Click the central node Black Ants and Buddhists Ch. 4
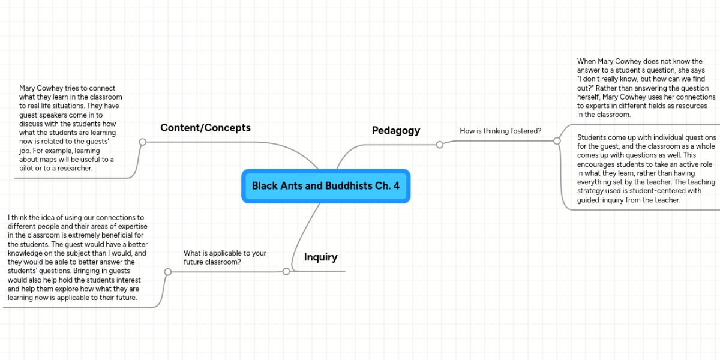tap(326, 185)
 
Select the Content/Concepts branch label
tap(205, 128)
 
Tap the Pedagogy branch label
tap(396, 130)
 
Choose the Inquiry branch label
tap(320, 257)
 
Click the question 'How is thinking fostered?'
tap(500, 130)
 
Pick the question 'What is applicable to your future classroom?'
tap(224, 257)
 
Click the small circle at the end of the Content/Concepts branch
tap(143, 142)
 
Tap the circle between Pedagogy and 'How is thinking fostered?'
tap(440, 145)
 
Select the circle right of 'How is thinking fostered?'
tap(557, 141)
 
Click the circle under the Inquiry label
tap(286, 272)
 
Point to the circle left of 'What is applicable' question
tap(168, 272)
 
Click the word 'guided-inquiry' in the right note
tap(601, 200)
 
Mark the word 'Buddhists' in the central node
tap(339, 185)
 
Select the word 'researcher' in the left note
tap(74, 169)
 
